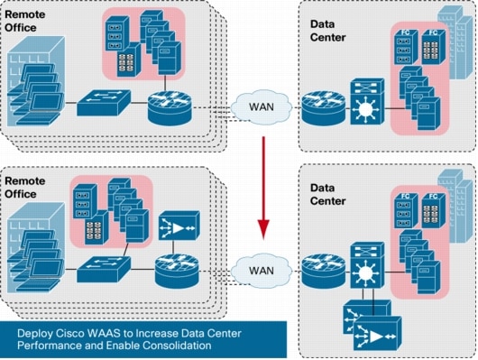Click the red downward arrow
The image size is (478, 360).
264,186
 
